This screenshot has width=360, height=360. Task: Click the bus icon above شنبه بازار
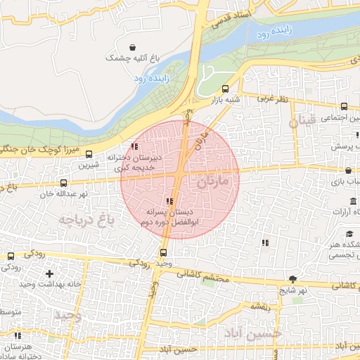click(x=225, y=89)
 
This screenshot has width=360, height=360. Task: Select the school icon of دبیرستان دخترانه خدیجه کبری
click(x=134, y=147)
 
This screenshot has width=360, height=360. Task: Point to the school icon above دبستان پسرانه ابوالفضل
click(x=167, y=202)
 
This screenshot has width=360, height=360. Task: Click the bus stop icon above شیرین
click(x=89, y=154)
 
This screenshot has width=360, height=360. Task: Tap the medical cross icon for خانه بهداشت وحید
click(x=49, y=273)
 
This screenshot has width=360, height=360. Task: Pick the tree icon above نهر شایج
click(x=293, y=279)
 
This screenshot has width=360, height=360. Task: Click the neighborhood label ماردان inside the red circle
click(x=214, y=181)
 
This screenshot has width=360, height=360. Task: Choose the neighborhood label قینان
click(x=303, y=121)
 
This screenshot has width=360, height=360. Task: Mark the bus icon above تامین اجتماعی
click(x=343, y=107)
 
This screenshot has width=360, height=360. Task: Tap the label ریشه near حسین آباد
click(x=259, y=306)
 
